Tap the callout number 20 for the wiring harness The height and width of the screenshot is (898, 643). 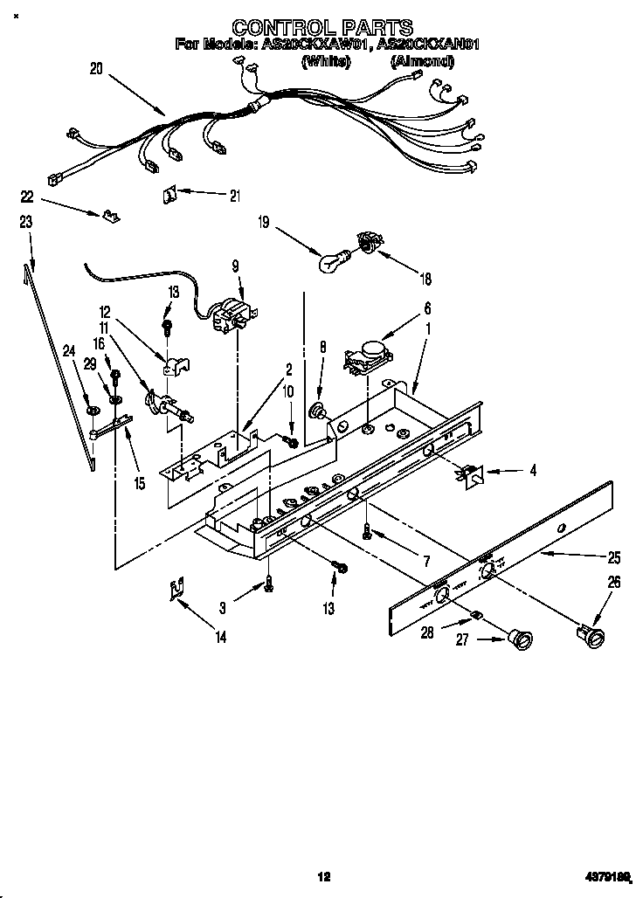tap(96, 67)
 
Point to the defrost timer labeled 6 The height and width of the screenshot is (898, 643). tap(368, 356)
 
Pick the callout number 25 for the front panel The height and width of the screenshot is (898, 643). tap(614, 556)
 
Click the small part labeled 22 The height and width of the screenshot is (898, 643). tap(109, 214)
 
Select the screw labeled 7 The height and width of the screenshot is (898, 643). tap(369, 531)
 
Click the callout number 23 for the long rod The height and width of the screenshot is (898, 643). tap(26, 223)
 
